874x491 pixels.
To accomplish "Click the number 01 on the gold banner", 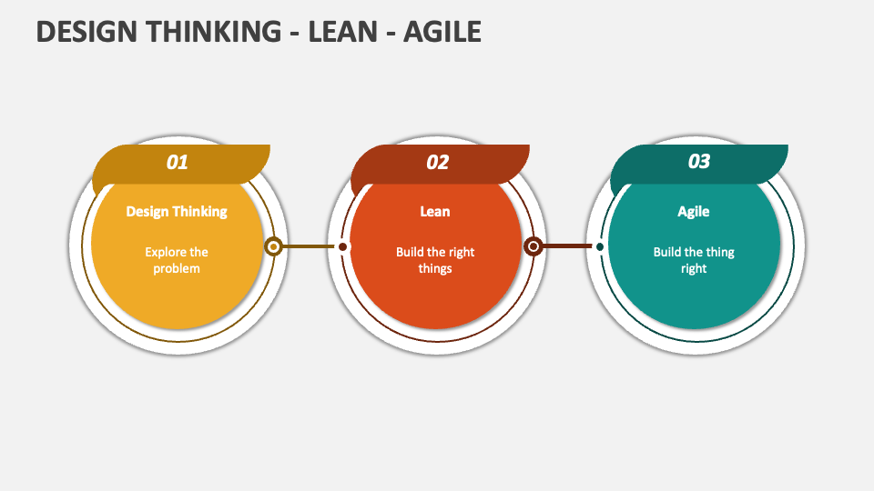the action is [177, 162].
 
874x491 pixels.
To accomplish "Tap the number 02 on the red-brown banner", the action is [437, 162].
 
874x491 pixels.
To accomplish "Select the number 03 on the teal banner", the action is [698, 162].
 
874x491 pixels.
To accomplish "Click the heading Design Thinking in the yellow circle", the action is [177, 212].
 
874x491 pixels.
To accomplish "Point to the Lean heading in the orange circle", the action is [435, 212].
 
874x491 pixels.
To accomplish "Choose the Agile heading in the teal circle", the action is [694, 212].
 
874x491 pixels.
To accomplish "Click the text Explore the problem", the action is [176, 260].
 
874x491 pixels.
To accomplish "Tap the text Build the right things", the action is [435, 260].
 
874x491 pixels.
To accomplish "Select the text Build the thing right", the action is [694, 260].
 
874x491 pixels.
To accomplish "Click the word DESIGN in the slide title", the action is [86, 32].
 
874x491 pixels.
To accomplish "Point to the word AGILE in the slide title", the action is [442, 32].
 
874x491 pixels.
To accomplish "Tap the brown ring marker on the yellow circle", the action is [273, 246].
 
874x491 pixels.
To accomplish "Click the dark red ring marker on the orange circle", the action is [534, 246].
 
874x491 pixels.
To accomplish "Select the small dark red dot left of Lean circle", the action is [343, 246].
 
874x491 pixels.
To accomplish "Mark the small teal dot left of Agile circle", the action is [600, 246].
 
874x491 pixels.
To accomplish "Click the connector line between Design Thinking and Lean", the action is [309, 246].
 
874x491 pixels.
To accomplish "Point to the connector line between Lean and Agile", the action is [567, 246].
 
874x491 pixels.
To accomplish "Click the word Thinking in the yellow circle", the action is [199, 212].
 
